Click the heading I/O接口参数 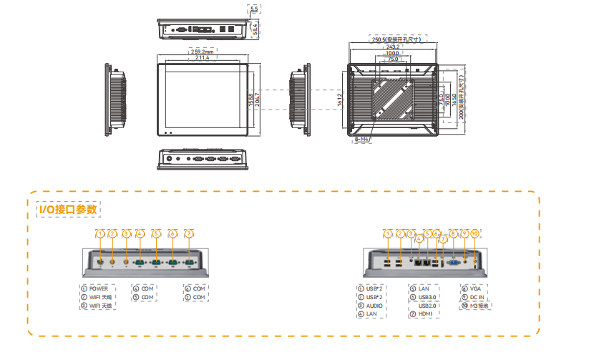pyautogui.click(x=69, y=208)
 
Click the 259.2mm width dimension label pyautogui.click(x=203, y=52)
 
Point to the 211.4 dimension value pyautogui.click(x=203, y=58)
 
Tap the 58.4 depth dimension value pyautogui.click(x=254, y=27)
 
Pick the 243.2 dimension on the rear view pyautogui.click(x=393, y=47)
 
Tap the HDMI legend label pyautogui.click(x=427, y=314)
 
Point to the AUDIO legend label pyautogui.click(x=374, y=306)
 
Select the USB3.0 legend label pyautogui.click(x=428, y=297)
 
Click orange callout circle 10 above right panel pyautogui.click(x=476, y=233)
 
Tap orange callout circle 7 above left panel pyautogui.click(x=189, y=233)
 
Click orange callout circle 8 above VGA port pyautogui.click(x=452, y=233)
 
